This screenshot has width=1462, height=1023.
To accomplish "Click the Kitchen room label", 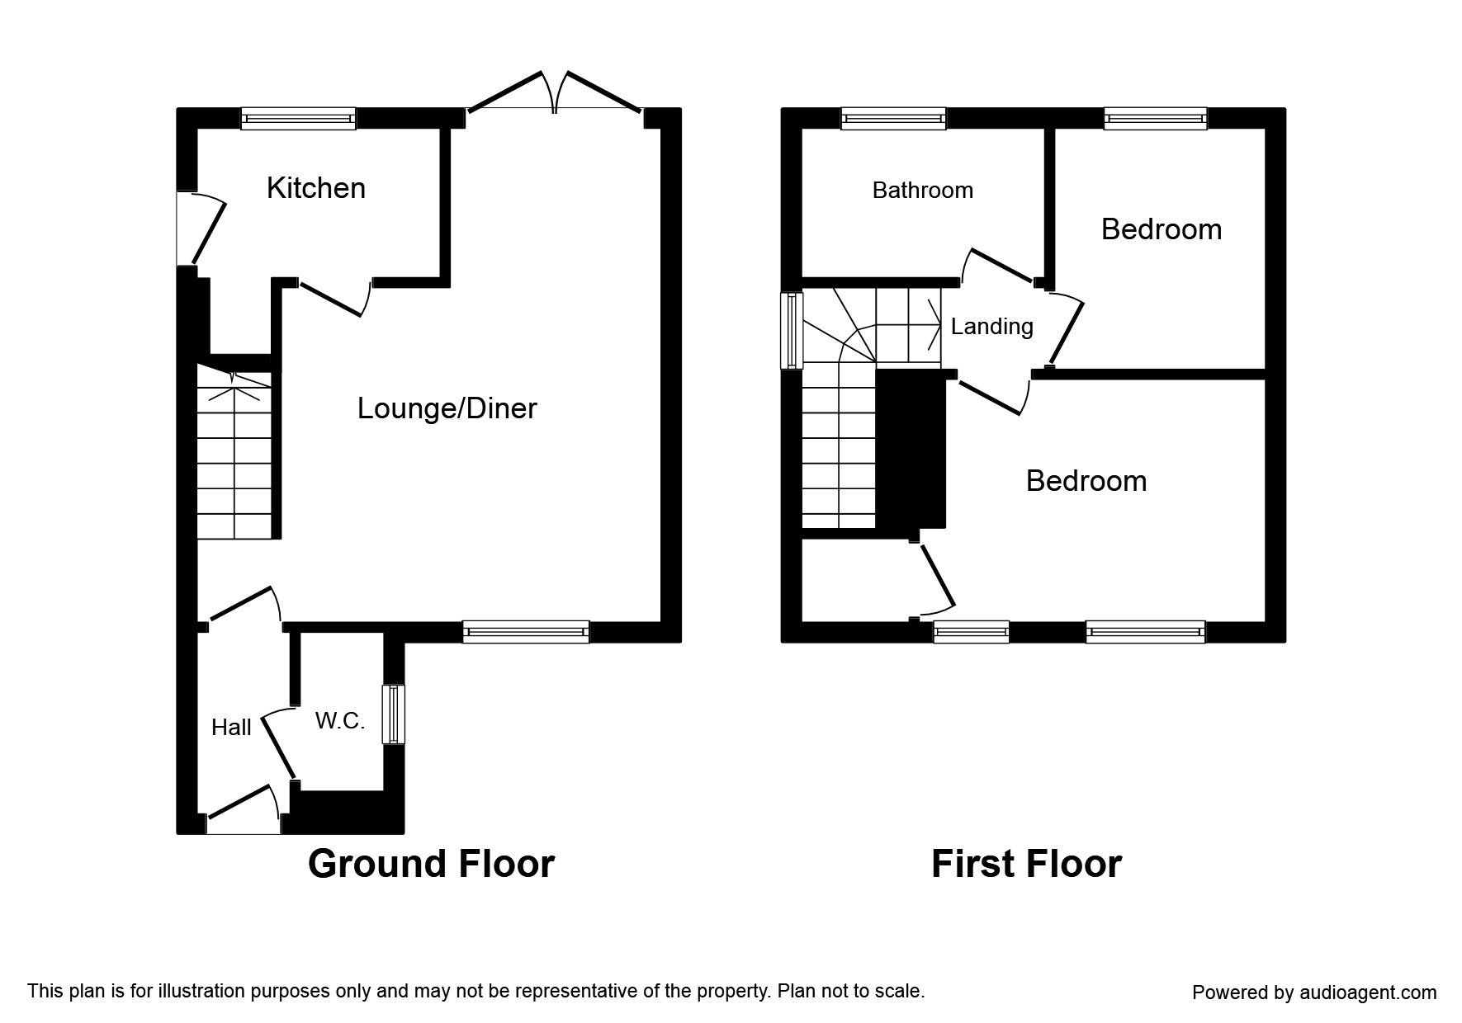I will click(x=315, y=189).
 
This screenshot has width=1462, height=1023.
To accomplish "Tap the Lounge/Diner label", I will click(x=447, y=408).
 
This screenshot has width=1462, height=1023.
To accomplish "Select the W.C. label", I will click(x=339, y=721).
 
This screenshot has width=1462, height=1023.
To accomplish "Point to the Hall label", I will click(x=231, y=728).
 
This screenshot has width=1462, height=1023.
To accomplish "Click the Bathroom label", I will click(x=922, y=191).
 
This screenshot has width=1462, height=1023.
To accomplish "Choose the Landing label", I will click(x=991, y=327).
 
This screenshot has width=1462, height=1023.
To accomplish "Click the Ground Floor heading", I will click(x=431, y=864).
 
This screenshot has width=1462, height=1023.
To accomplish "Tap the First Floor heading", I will click(x=1026, y=864).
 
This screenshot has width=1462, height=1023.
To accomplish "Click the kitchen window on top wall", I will click(x=298, y=119).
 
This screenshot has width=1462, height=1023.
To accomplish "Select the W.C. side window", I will click(x=395, y=714).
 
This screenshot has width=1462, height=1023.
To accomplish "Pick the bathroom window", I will click(x=893, y=119).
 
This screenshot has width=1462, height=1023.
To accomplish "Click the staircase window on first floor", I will click(x=793, y=330).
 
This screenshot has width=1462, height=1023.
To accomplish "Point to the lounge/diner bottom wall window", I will click(x=526, y=632).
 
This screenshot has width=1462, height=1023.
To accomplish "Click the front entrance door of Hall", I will click(x=244, y=808).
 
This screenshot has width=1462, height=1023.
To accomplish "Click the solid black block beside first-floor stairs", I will click(x=910, y=450).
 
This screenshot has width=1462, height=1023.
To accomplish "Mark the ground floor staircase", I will click(x=234, y=462).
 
